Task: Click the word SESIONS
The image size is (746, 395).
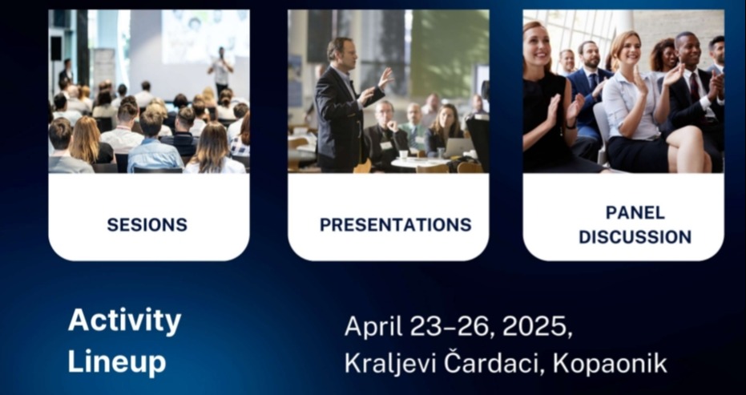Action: point(147,224)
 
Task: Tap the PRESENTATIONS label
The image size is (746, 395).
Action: point(395,224)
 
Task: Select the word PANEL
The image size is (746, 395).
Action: point(635,213)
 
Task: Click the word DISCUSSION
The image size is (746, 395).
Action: point(635,237)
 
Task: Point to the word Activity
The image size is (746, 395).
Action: point(124,321)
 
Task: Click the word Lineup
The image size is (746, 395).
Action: point(116,361)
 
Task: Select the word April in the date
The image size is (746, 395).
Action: point(373,327)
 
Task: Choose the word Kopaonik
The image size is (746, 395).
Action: point(610,365)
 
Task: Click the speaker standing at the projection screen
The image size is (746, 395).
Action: point(220,71)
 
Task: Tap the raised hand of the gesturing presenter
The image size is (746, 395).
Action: point(385,77)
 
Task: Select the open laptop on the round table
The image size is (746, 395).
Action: point(457,147)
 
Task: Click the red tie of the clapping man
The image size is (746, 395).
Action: point(695,87)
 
